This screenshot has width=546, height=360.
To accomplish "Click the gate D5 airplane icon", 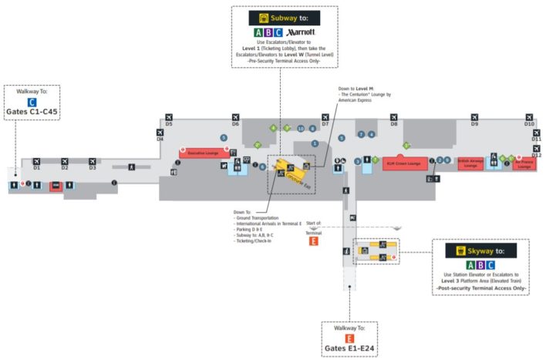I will pyautogui.click(x=168, y=116).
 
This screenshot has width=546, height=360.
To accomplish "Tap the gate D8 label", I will pyautogui.click(x=393, y=123).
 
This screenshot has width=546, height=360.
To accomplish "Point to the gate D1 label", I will pyautogui.click(x=36, y=167).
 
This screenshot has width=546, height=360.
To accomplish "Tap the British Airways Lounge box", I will pyautogui.click(x=470, y=163).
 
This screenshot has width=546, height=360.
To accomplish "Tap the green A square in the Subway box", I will pyautogui.click(x=258, y=32).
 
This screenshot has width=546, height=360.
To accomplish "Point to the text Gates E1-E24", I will pyautogui.click(x=350, y=348).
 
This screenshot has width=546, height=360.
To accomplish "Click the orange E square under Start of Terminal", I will pyautogui.click(x=313, y=241).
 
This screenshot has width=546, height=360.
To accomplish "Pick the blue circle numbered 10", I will pyautogui.click(x=301, y=129).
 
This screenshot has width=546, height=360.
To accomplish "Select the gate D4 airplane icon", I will pyautogui.click(x=160, y=132).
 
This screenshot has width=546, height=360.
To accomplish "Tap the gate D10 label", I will pyautogui.click(x=529, y=123).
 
